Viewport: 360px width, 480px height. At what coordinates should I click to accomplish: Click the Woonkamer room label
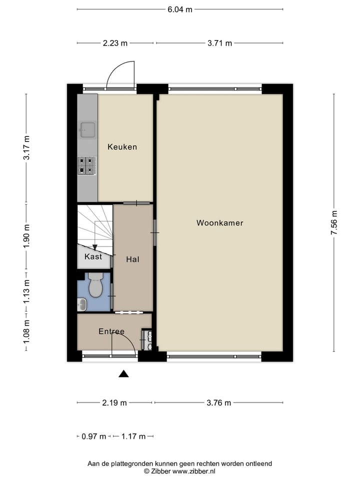pyautogui.click(x=219, y=223)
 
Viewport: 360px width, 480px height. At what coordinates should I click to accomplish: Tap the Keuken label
pyautogui.click(x=122, y=147)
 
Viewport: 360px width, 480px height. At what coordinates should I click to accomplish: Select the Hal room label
pyautogui.click(x=132, y=259)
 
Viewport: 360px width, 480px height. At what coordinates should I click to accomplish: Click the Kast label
pyautogui.click(x=93, y=256)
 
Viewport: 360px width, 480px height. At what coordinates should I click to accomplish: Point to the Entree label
pyautogui.click(x=111, y=331)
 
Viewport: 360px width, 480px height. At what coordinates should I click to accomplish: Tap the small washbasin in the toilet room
pyautogui.click(x=81, y=303)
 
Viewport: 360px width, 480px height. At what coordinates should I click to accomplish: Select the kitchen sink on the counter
pyautogui.click(x=86, y=129)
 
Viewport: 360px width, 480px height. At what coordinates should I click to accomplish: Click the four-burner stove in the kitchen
pyautogui.click(x=86, y=165)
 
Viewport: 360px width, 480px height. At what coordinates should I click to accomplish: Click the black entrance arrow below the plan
pyautogui.click(x=123, y=373)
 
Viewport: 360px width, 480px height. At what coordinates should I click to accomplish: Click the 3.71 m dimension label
pyautogui.click(x=219, y=43)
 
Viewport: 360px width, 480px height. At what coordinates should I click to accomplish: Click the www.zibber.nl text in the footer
pyautogui.click(x=194, y=471)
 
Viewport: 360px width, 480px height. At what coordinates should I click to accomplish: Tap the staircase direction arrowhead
pyautogui.click(x=95, y=247)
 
